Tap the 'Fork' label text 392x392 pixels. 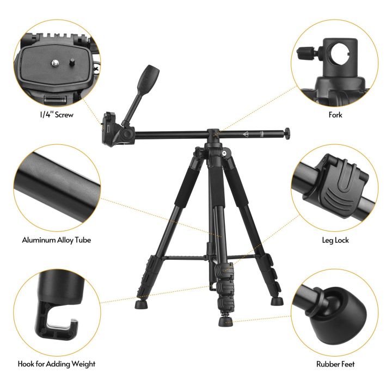click(335, 115)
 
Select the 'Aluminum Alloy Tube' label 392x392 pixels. click(56, 240)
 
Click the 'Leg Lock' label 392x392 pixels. click(335, 240)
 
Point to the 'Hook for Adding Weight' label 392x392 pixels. click(56, 364)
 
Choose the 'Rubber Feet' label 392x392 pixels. click(335, 364)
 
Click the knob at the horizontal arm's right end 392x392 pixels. click(287, 132)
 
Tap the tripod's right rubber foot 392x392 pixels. click(278, 300)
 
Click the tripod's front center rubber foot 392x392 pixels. click(225, 322)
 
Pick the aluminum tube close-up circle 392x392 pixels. click(57, 188)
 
